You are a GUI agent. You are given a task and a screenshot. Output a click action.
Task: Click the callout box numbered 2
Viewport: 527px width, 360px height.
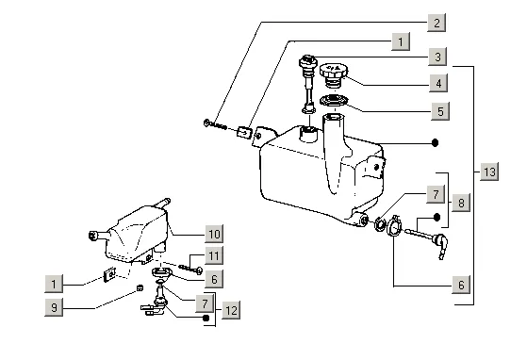tap(436, 23)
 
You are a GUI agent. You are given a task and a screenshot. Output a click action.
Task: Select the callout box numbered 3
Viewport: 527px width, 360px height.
tap(437, 57)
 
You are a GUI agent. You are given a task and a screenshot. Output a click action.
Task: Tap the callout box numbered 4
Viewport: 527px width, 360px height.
tap(438, 83)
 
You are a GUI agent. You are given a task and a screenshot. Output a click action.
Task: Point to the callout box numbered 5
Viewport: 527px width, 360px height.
tap(440, 111)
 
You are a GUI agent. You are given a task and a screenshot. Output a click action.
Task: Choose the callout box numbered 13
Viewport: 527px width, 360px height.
tap(489, 172)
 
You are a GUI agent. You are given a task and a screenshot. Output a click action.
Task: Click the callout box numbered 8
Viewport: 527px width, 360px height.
tap(461, 203)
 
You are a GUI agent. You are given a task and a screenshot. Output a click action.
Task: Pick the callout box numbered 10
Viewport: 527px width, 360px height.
tap(214, 234)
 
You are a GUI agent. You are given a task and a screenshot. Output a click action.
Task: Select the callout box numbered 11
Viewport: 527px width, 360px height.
tap(214, 256)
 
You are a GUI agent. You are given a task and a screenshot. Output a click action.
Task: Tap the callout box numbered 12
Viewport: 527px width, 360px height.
tap(231, 310)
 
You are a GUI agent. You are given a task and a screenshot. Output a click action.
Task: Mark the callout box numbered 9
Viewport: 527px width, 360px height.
tap(54, 307)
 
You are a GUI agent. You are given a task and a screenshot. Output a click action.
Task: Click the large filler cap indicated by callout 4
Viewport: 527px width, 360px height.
tap(334, 74)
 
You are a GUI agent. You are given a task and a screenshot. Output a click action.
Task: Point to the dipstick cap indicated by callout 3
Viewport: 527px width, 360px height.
tap(308, 61)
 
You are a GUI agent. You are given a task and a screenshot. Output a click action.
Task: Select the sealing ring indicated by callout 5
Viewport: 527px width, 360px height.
tap(334, 100)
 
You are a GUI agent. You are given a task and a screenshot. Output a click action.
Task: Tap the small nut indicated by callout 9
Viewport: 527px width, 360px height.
tap(140, 287)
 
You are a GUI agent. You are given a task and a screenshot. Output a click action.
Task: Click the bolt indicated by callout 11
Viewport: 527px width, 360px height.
tap(190, 269)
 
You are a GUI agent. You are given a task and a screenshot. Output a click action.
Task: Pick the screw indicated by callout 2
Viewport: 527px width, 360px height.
tap(215, 125)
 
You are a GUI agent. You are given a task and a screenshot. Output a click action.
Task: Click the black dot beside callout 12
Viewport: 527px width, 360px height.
tap(206, 318)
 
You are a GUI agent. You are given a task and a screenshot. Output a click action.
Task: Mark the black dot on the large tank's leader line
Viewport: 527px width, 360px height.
tap(435, 143)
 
